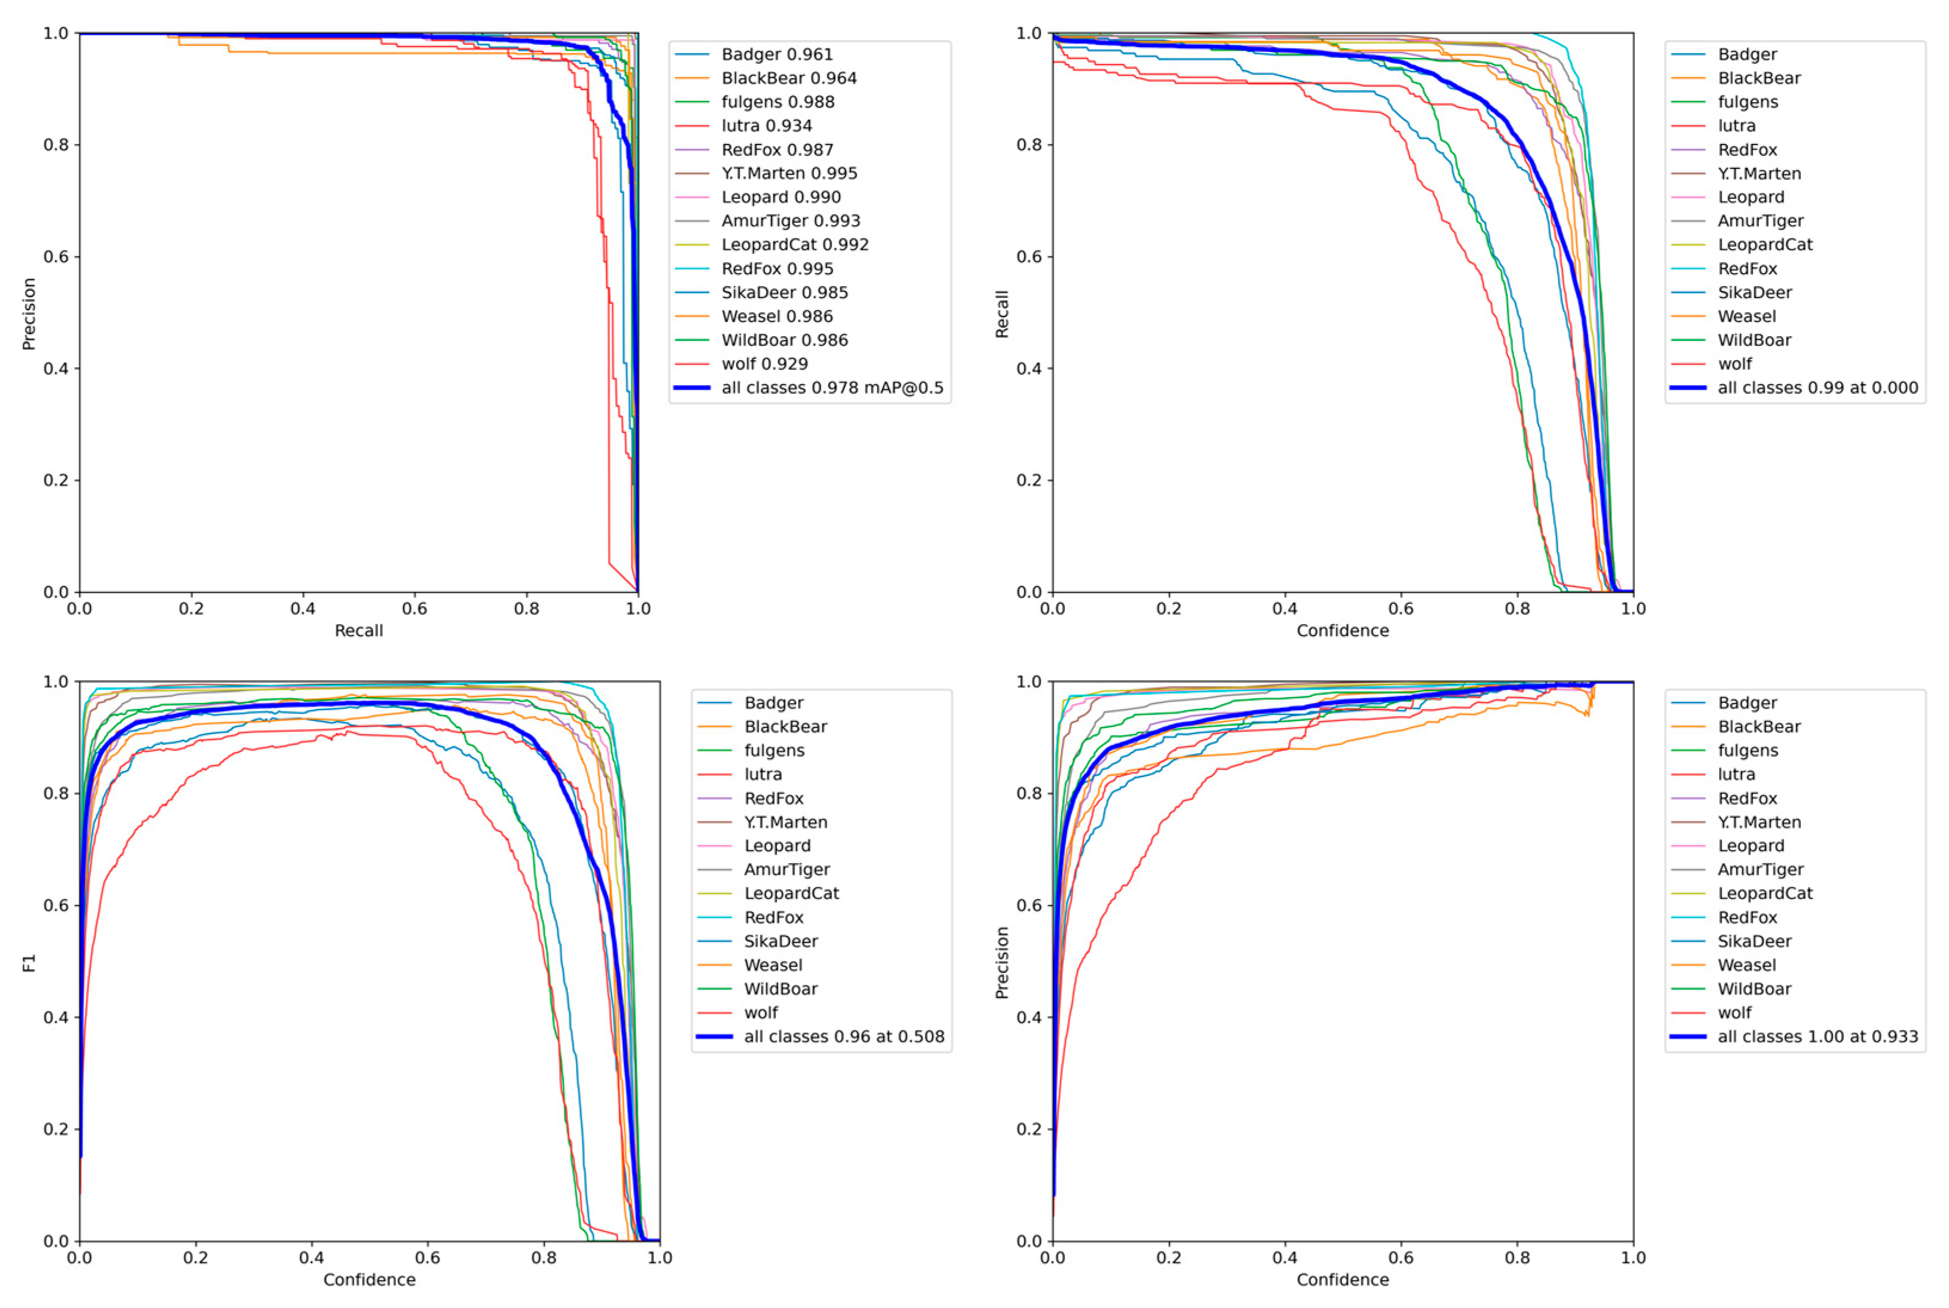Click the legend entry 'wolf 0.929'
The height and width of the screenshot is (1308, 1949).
[x=764, y=364]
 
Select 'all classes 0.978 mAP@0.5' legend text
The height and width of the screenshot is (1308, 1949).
[x=832, y=388]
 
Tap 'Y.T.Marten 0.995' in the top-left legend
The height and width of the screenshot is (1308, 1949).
[x=788, y=174]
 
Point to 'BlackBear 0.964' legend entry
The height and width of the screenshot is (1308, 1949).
[x=788, y=78]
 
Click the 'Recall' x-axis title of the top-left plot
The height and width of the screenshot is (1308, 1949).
[x=359, y=631]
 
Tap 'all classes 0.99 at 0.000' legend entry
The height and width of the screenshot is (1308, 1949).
[x=1817, y=388]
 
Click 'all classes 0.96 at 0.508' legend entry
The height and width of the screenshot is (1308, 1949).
[x=843, y=1037]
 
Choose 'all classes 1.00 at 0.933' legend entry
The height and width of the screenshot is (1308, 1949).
[x=1817, y=1037]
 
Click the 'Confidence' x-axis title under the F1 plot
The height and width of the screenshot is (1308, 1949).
[x=370, y=1280]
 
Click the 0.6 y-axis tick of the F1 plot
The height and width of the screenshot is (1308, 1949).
[x=56, y=906]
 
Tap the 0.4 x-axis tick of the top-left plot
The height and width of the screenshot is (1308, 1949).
[x=303, y=609]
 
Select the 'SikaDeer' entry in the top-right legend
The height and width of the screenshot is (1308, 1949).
[x=1754, y=293]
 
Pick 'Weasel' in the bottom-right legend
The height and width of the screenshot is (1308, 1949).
[x=1747, y=965]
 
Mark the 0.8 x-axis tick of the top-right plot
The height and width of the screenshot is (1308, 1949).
[x=1517, y=609]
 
